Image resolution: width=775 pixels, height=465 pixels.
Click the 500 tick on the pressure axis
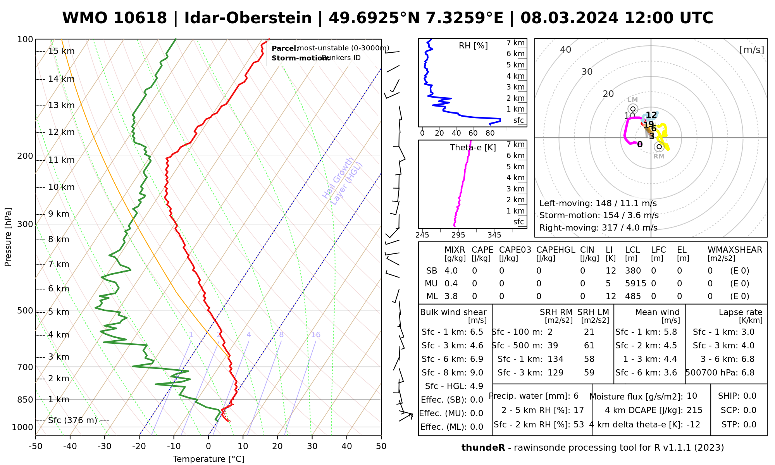tap(25, 311)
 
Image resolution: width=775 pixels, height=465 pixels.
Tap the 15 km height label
tap(61, 51)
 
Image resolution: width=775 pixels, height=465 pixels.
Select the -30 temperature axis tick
tap(105, 446)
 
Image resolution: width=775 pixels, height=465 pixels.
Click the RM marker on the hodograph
tap(659, 147)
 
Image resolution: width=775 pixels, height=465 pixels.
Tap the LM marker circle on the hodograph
tap(633, 109)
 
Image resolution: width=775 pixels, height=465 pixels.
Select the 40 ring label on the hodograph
tap(566, 50)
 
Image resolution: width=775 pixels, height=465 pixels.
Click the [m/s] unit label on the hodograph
tap(752, 50)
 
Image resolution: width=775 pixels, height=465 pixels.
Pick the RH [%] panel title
tap(473, 46)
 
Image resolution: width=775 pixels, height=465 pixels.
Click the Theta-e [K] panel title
tap(473, 148)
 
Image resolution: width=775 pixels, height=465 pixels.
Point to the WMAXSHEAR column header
tap(735, 250)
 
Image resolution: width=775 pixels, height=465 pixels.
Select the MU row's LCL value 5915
tap(635, 284)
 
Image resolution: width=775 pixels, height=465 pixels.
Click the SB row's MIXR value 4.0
tap(451, 271)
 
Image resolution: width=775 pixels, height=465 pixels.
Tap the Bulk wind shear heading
tap(453, 312)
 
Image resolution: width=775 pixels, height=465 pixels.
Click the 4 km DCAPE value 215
tap(694, 410)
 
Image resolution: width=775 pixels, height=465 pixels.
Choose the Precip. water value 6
tap(576, 396)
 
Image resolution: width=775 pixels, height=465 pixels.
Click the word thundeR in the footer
tap(483, 448)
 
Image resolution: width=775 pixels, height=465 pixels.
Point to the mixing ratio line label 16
tap(315, 335)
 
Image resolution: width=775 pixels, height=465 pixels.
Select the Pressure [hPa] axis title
tap(8, 237)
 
